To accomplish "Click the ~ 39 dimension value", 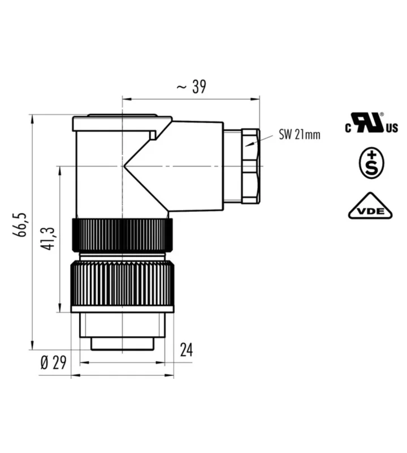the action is point(191,87).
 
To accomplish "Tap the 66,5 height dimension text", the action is point(20,225).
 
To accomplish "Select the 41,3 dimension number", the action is point(47,238).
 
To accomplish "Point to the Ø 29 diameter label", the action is point(53,362).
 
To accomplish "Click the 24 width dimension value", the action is point(187,350).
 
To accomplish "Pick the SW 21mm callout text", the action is point(300,135).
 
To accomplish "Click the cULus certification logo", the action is point(371,123).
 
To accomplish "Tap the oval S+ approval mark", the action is point(371,163).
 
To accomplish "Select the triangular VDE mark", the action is point(370,206).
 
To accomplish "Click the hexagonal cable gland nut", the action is point(250,166).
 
